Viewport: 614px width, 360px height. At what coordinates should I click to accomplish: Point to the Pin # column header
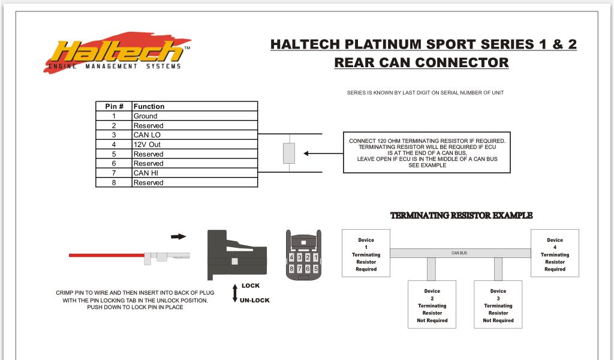pyautogui.click(x=114, y=106)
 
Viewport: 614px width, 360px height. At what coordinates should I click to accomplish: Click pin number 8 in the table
pyautogui.click(x=114, y=182)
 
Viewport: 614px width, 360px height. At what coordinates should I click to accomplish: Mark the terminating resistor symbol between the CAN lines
pyautogui.click(x=289, y=154)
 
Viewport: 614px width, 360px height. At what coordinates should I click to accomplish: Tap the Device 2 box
pyautogui.click(x=432, y=305)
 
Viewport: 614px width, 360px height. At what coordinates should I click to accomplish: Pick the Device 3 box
pyautogui.click(x=498, y=305)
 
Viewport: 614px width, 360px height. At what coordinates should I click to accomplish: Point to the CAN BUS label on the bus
pyautogui.click(x=459, y=253)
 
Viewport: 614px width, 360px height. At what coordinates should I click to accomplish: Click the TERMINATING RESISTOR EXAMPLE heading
pyautogui.click(x=461, y=215)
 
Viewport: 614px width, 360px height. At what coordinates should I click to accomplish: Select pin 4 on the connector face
pyautogui.click(x=291, y=257)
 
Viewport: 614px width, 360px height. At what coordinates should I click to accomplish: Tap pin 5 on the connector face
pyautogui.click(x=315, y=269)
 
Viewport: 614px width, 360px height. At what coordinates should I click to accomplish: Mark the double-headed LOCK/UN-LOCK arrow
pyautogui.click(x=235, y=292)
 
